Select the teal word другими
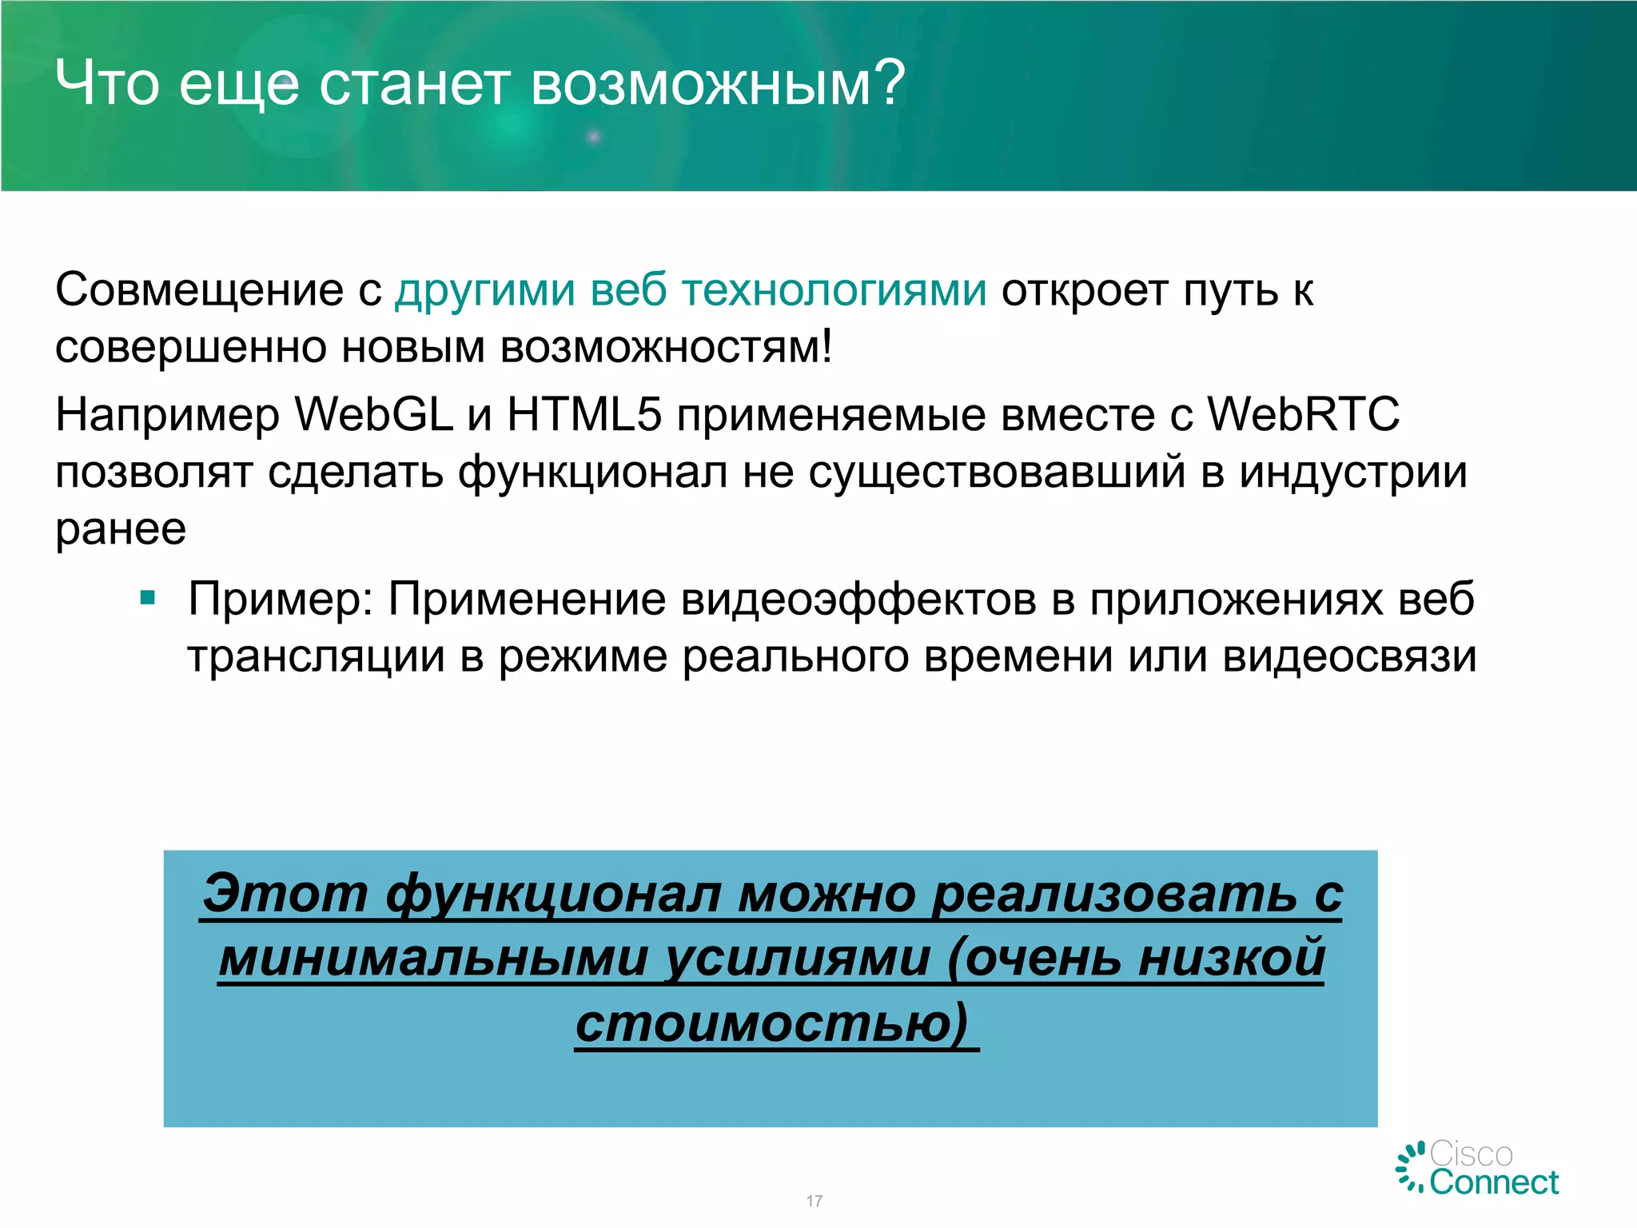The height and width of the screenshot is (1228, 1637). (484, 291)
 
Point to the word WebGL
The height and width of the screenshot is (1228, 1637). (373, 415)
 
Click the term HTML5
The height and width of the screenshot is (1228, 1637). (584, 415)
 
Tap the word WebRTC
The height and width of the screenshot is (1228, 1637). (1303, 415)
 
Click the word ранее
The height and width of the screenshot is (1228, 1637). (121, 529)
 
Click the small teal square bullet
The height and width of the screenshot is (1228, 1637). (148, 597)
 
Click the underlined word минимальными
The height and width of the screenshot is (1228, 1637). (432, 959)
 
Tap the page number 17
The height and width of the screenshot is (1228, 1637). (814, 1201)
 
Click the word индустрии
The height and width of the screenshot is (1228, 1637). (1352, 472)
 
